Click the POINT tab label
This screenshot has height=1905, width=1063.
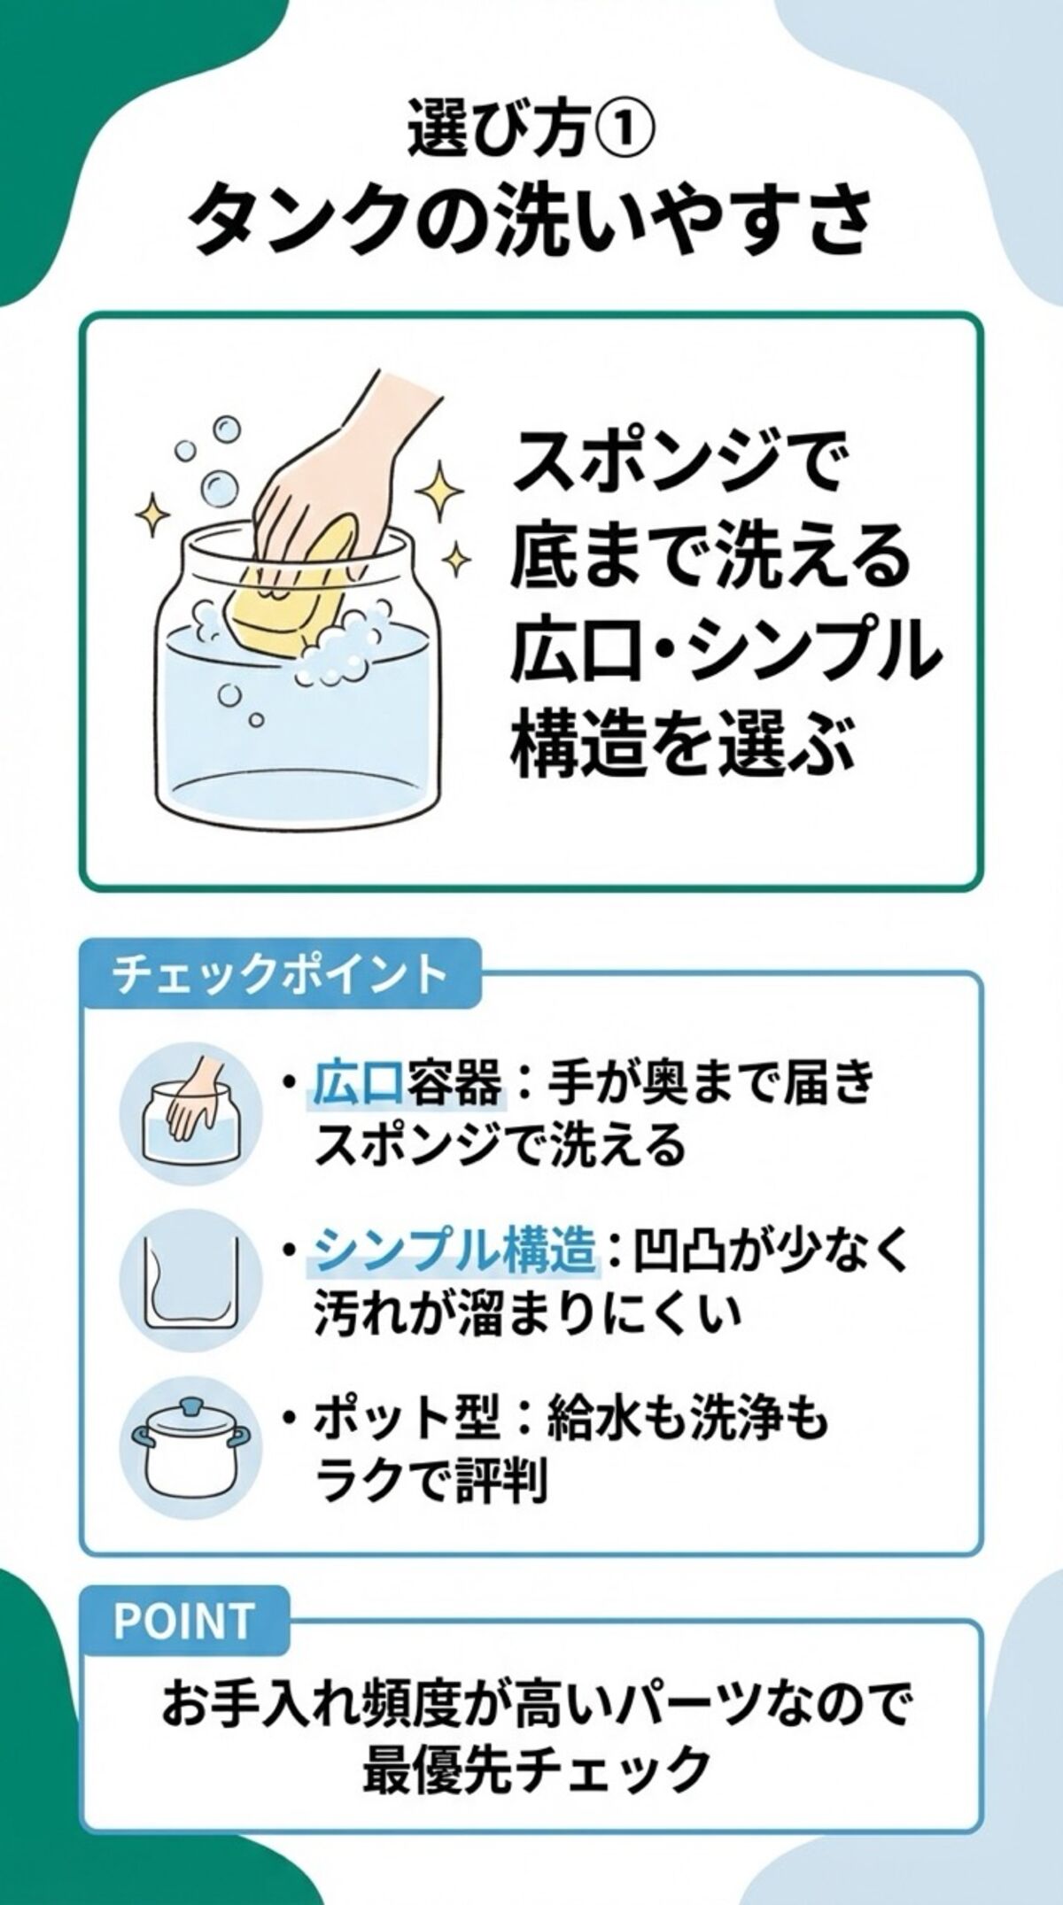tap(184, 1621)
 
